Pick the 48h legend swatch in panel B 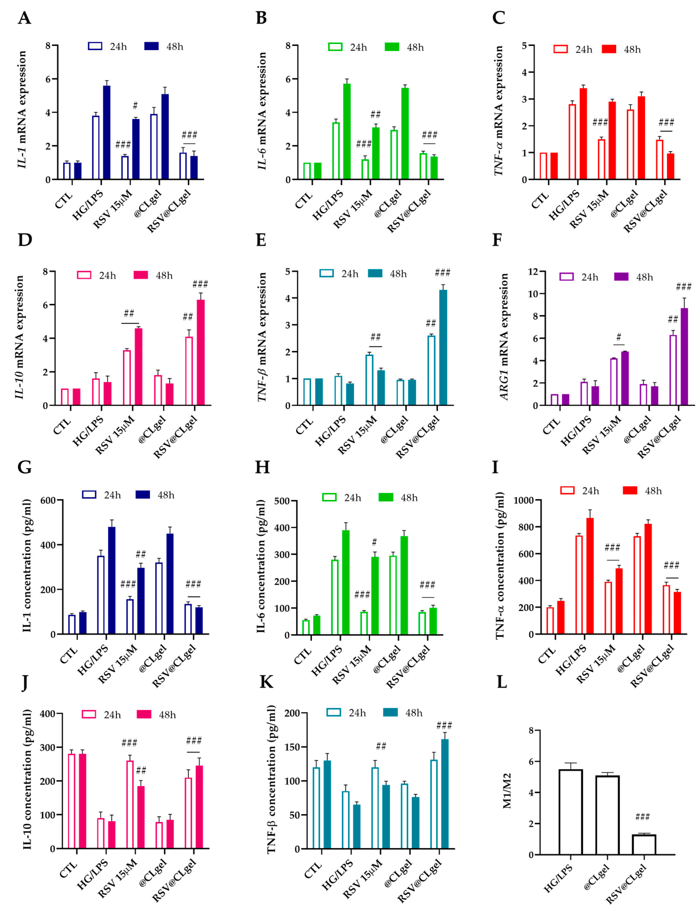[392, 47]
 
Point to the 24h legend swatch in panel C [561, 49]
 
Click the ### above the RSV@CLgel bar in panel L [642, 817]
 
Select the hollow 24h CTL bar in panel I [550, 620]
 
